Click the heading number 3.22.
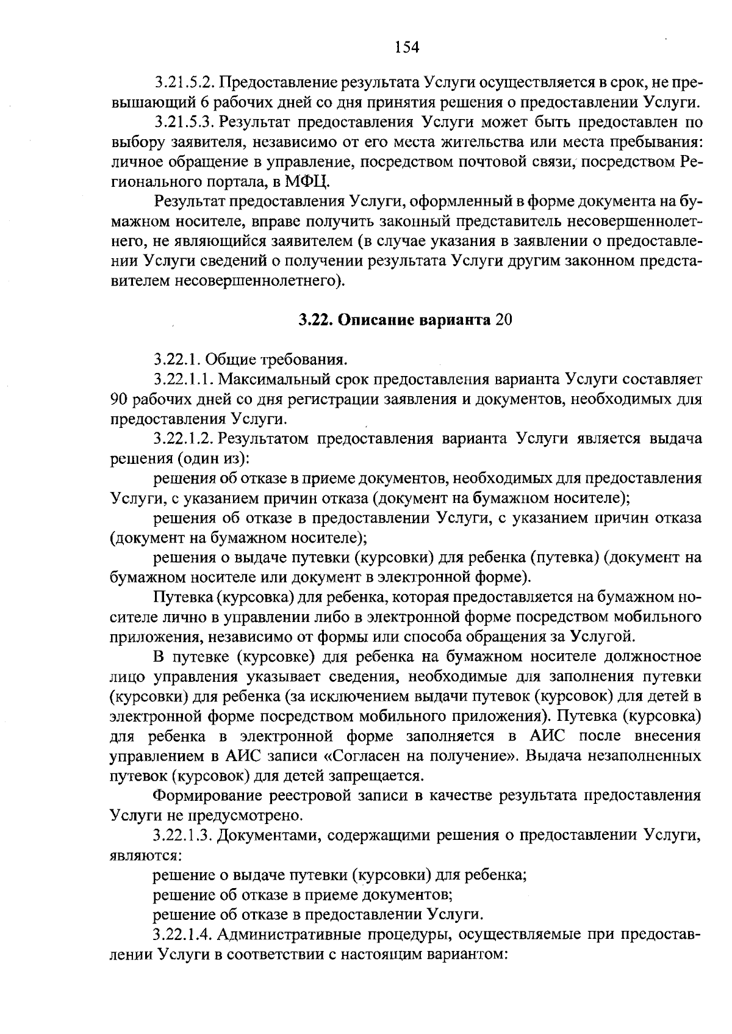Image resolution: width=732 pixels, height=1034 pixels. [x=315, y=320]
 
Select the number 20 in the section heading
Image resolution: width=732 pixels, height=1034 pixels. [x=504, y=320]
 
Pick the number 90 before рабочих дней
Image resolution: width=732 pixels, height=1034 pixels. [x=119, y=399]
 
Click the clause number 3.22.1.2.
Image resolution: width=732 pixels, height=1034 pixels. [x=184, y=439]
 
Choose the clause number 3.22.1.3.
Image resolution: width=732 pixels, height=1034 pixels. [x=184, y=836]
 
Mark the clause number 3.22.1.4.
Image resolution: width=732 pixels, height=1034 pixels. [x=184, y=935]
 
